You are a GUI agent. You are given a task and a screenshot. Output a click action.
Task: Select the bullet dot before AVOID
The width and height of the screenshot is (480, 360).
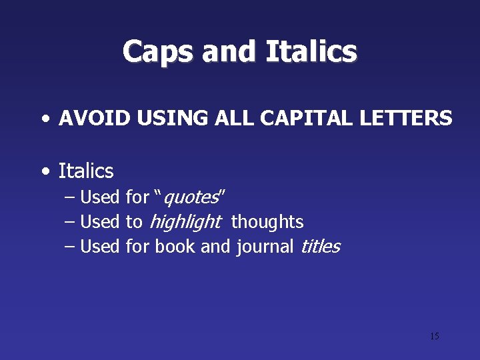[x=44, y=120]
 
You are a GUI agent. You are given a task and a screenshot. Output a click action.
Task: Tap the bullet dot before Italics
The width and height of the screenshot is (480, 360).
[x=44, y=172]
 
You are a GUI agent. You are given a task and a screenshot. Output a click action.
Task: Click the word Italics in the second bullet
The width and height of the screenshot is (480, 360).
[x=86, y=171]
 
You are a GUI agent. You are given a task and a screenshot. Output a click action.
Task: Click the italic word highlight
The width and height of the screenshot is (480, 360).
[x=185, y=222]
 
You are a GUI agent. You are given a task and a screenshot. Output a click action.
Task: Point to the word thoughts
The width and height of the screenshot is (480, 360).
[x=267, y=222]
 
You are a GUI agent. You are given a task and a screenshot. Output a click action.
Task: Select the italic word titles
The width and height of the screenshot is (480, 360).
[x=321, y=247]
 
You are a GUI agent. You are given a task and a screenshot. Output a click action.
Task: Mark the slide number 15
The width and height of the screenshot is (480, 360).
[x=434, y=336]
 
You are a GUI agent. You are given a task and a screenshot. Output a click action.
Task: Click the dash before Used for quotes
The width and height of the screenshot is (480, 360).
[x=70, y=198]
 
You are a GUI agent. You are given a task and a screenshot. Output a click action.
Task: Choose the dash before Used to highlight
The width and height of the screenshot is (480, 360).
[x=70, y=223]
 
